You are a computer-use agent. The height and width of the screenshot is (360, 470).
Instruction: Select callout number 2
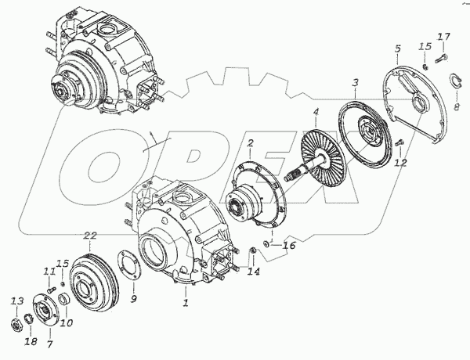click(250, 143)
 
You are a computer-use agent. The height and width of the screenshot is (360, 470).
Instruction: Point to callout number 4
click(316, 114)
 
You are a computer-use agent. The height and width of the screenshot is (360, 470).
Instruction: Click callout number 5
click(397, 49)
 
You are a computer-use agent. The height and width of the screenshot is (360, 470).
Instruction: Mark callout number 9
click(133, 298)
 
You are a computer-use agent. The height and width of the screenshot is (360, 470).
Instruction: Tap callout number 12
click(400, 164)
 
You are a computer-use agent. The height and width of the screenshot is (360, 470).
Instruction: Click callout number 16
click(289, 246)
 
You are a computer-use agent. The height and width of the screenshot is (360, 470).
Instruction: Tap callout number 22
click(91, 236)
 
